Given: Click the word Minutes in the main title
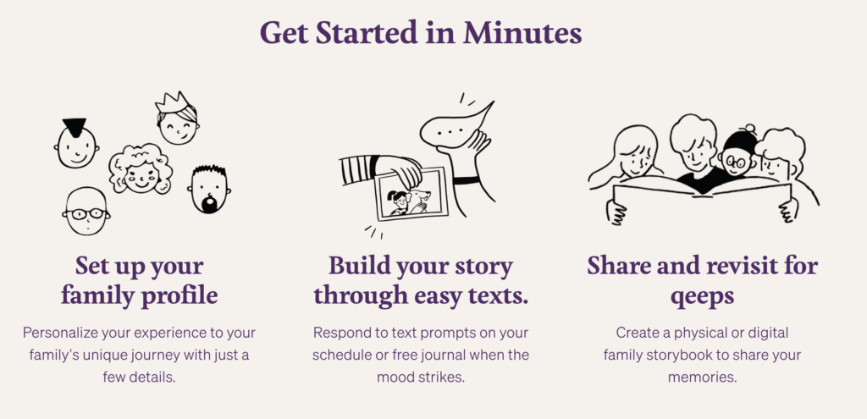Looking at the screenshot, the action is [522, 33].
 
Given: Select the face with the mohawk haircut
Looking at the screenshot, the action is [77, 144].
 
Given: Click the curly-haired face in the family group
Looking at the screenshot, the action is [141, 168].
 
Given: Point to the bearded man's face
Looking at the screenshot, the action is [209, 189].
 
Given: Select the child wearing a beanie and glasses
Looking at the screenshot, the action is [737, 157].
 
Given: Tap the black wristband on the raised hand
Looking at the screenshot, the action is [467, 180].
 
